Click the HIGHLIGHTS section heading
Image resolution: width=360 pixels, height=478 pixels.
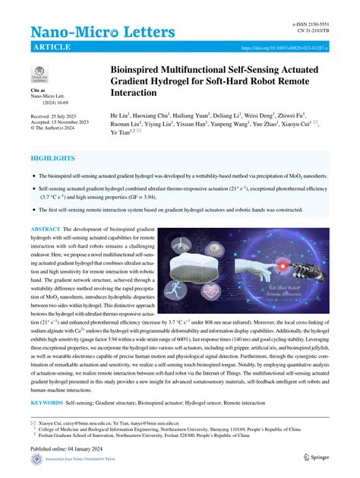click(52, 158)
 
